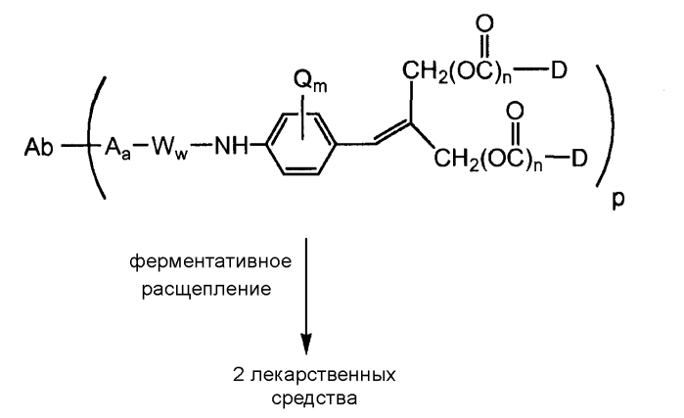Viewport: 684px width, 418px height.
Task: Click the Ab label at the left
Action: [x=38, y=148]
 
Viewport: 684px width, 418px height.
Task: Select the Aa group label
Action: [x=117, y=149]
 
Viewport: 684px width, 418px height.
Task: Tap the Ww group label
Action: [x=169, y=149]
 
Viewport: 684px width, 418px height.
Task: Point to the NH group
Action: [x=231, y=147]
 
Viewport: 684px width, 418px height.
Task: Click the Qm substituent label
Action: [x=310, y=81]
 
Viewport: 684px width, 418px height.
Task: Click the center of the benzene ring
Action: [x=301, y=144]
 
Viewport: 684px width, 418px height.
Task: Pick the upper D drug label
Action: [x=559, y=70]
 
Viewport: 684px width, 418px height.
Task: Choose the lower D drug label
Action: [x=579, y=158]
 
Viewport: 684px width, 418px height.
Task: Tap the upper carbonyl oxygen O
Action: [x=484, y=23]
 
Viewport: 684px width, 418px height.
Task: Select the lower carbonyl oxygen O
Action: [x=515, y=112]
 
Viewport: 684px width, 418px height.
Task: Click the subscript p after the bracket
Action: [x=618, y=200]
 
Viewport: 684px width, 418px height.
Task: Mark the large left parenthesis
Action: [x=96, y=137]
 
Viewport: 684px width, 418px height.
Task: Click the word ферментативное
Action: [x=210, y=261]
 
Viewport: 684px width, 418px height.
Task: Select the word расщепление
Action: [x=206, y=290]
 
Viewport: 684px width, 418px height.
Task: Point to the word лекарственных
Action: [x=323, y=375]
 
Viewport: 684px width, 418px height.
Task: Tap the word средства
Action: [x=314, y=398]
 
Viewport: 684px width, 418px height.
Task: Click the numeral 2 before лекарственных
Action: [x=239, y=374]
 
